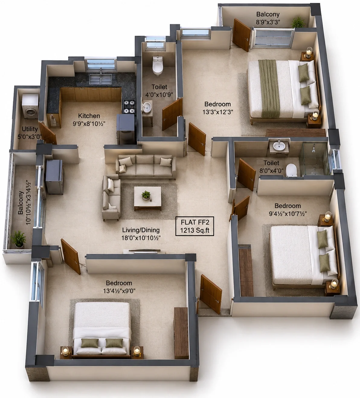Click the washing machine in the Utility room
point(31,107)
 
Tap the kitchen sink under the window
point(100,78)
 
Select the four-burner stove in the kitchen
point(129,107)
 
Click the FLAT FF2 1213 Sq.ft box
point(195,226)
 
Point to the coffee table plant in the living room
point(146,195)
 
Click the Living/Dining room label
point(141,230)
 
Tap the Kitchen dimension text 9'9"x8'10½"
point(89,124)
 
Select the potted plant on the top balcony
point(298,22)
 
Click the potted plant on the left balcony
point(18,239)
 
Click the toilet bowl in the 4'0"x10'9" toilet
point(158,66)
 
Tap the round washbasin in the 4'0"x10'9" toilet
point(147,107)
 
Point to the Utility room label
point(30,129)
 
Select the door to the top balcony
point(242,35)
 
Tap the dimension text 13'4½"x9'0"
point(119,291)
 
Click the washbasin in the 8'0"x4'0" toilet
point(279,147)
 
